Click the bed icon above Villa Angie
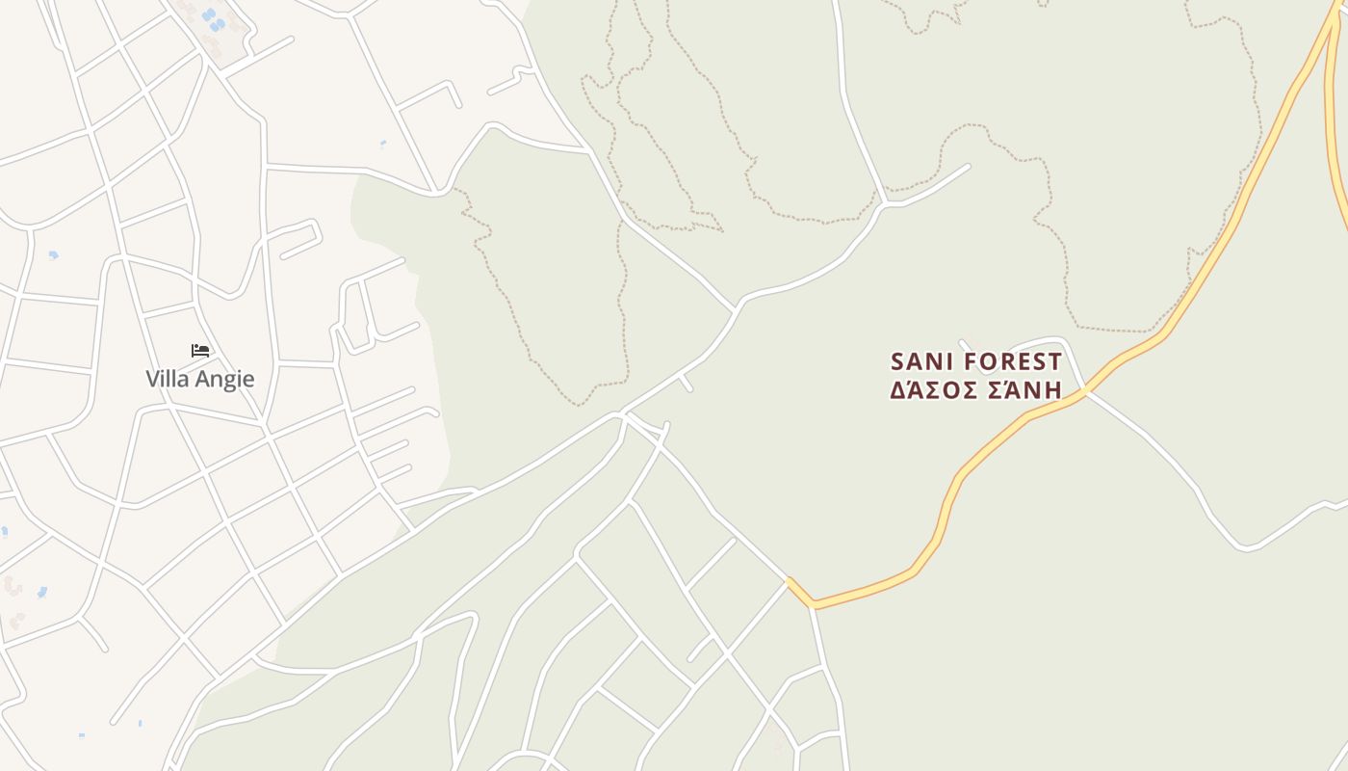coord(200,350)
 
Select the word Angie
coord(225,380)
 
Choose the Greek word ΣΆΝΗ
coord(1024,390)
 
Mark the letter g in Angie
coord(231,382)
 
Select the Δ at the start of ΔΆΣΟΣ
coord(897,390)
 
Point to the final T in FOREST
coord(1055,362)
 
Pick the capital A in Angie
coord(203,379)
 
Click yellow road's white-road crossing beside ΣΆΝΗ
coord(1085,389)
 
